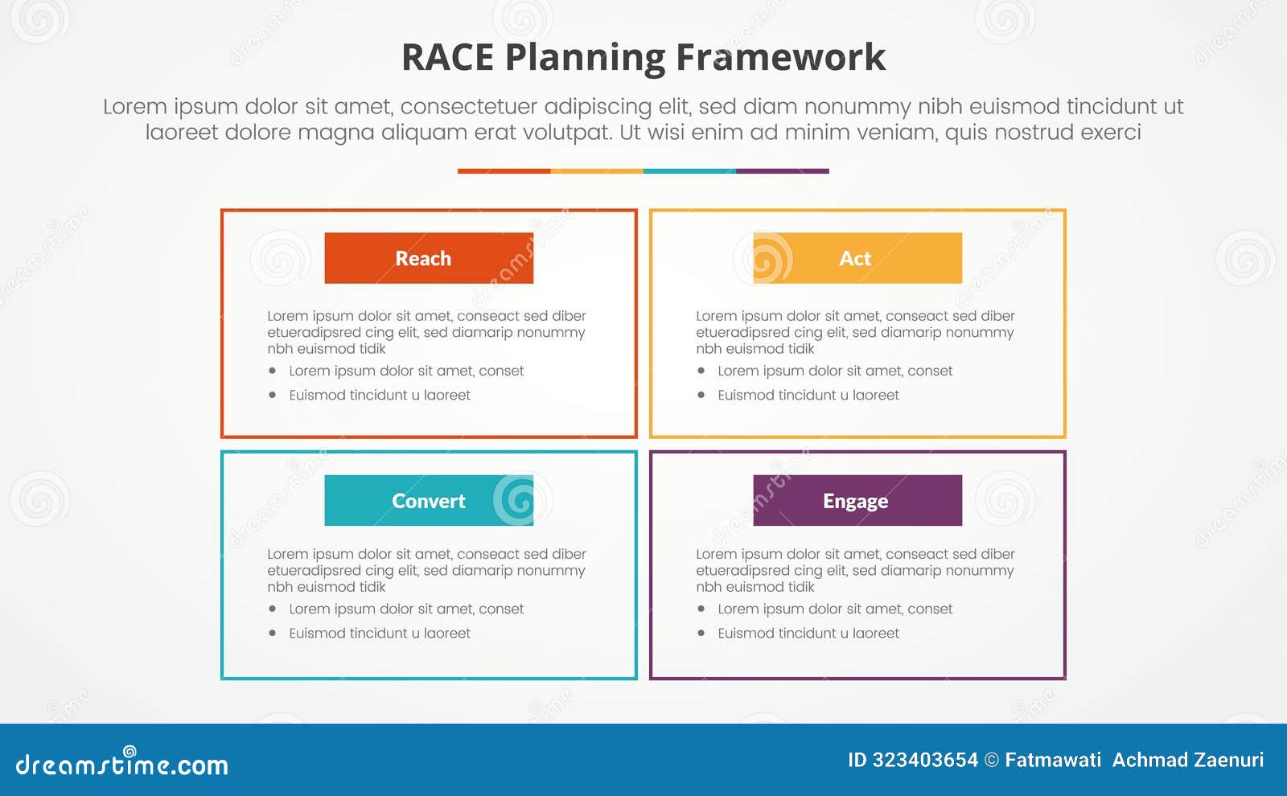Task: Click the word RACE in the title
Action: pyautogui.click(x=447, y=58)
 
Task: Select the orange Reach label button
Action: pyautogui.click(x=429, y=258)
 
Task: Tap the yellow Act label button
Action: pyautogui.click(x=857, y=258)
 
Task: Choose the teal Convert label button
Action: pyautogui.click(x=429, y=501)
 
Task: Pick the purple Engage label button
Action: pyautogui.click(x=857, y=501)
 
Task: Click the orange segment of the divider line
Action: pyautogui.click(x=504, y=171)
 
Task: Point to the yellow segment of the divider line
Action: pyautogui.click(x=597, y=171)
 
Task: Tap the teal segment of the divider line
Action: pyautogui.click(x=689, y=171)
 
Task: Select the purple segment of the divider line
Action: pyautogui.click(x=782, y=171)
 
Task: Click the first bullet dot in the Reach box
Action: pyautogui.click(x=273, y=371)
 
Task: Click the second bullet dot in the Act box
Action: pyautogui.click(x=701, y=395)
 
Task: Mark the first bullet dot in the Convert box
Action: pyautogui.click(x=273, y=609)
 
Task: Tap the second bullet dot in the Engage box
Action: pyautogui.click(x=701, y=633)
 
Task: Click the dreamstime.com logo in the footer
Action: pyautogui.click(x=122, y=763)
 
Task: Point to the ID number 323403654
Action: pyautogui.click(x=925, y=760)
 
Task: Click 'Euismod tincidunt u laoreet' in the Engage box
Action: pyautogui.click(x=808, y=633)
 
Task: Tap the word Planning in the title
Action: pyautogui.click(x=585, y=58)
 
